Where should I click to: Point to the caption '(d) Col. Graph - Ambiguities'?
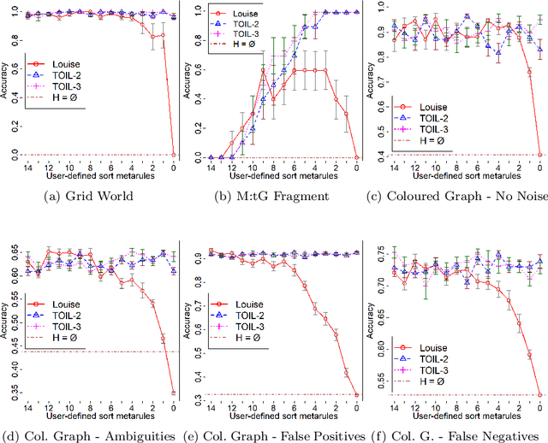90,436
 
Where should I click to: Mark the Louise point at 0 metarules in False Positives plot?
357,395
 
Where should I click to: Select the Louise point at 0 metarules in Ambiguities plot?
175,393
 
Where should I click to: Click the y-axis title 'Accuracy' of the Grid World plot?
6,83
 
